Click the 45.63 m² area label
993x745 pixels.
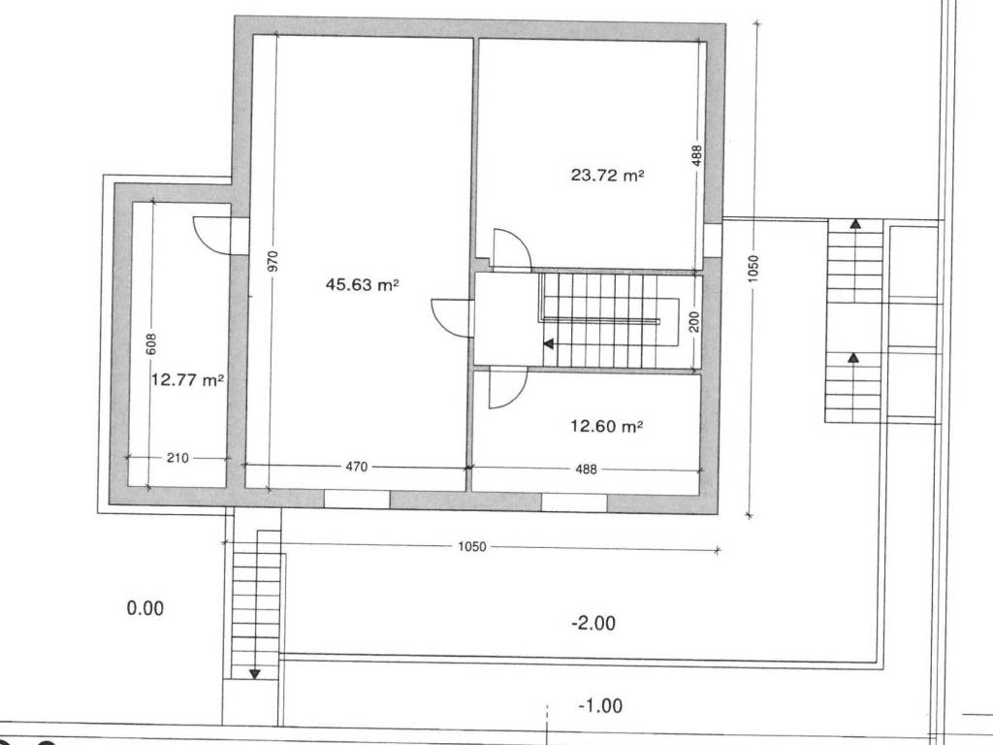pyautogui.click(x=362, y=284)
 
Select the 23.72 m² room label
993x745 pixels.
pyautogui.click(x=607, y=175)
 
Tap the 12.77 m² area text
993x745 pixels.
pyautogui.click(x=187, y=380)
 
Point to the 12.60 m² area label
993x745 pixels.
pyautogui.click(x=607, y=426)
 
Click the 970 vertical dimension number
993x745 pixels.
pyautogui.click(x=272, y=262)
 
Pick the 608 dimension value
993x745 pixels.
pyautogui.click(x=150, y=344)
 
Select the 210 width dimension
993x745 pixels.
pyautogui.click(x=177, y=458)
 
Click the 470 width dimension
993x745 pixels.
pyautogui.click(x=357, y=467)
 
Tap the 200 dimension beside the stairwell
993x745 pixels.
pyautogui.click(x=694, y=321)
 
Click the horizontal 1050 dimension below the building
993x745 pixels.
pyautogui.click(x=472, y=547)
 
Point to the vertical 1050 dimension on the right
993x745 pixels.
pyautogui.click(x=753, y=269)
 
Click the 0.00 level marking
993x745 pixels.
pyautogui.click(x=145, y=609)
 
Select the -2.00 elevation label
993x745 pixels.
pyautogui.click(x=593, y=624)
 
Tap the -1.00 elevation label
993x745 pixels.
pyautogui.click(x=600, y=705)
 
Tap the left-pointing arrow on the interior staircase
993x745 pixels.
pyautogui.click(x=549, y=344)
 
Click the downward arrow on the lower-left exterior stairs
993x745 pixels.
pyautogui.click(x=255, y=674)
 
